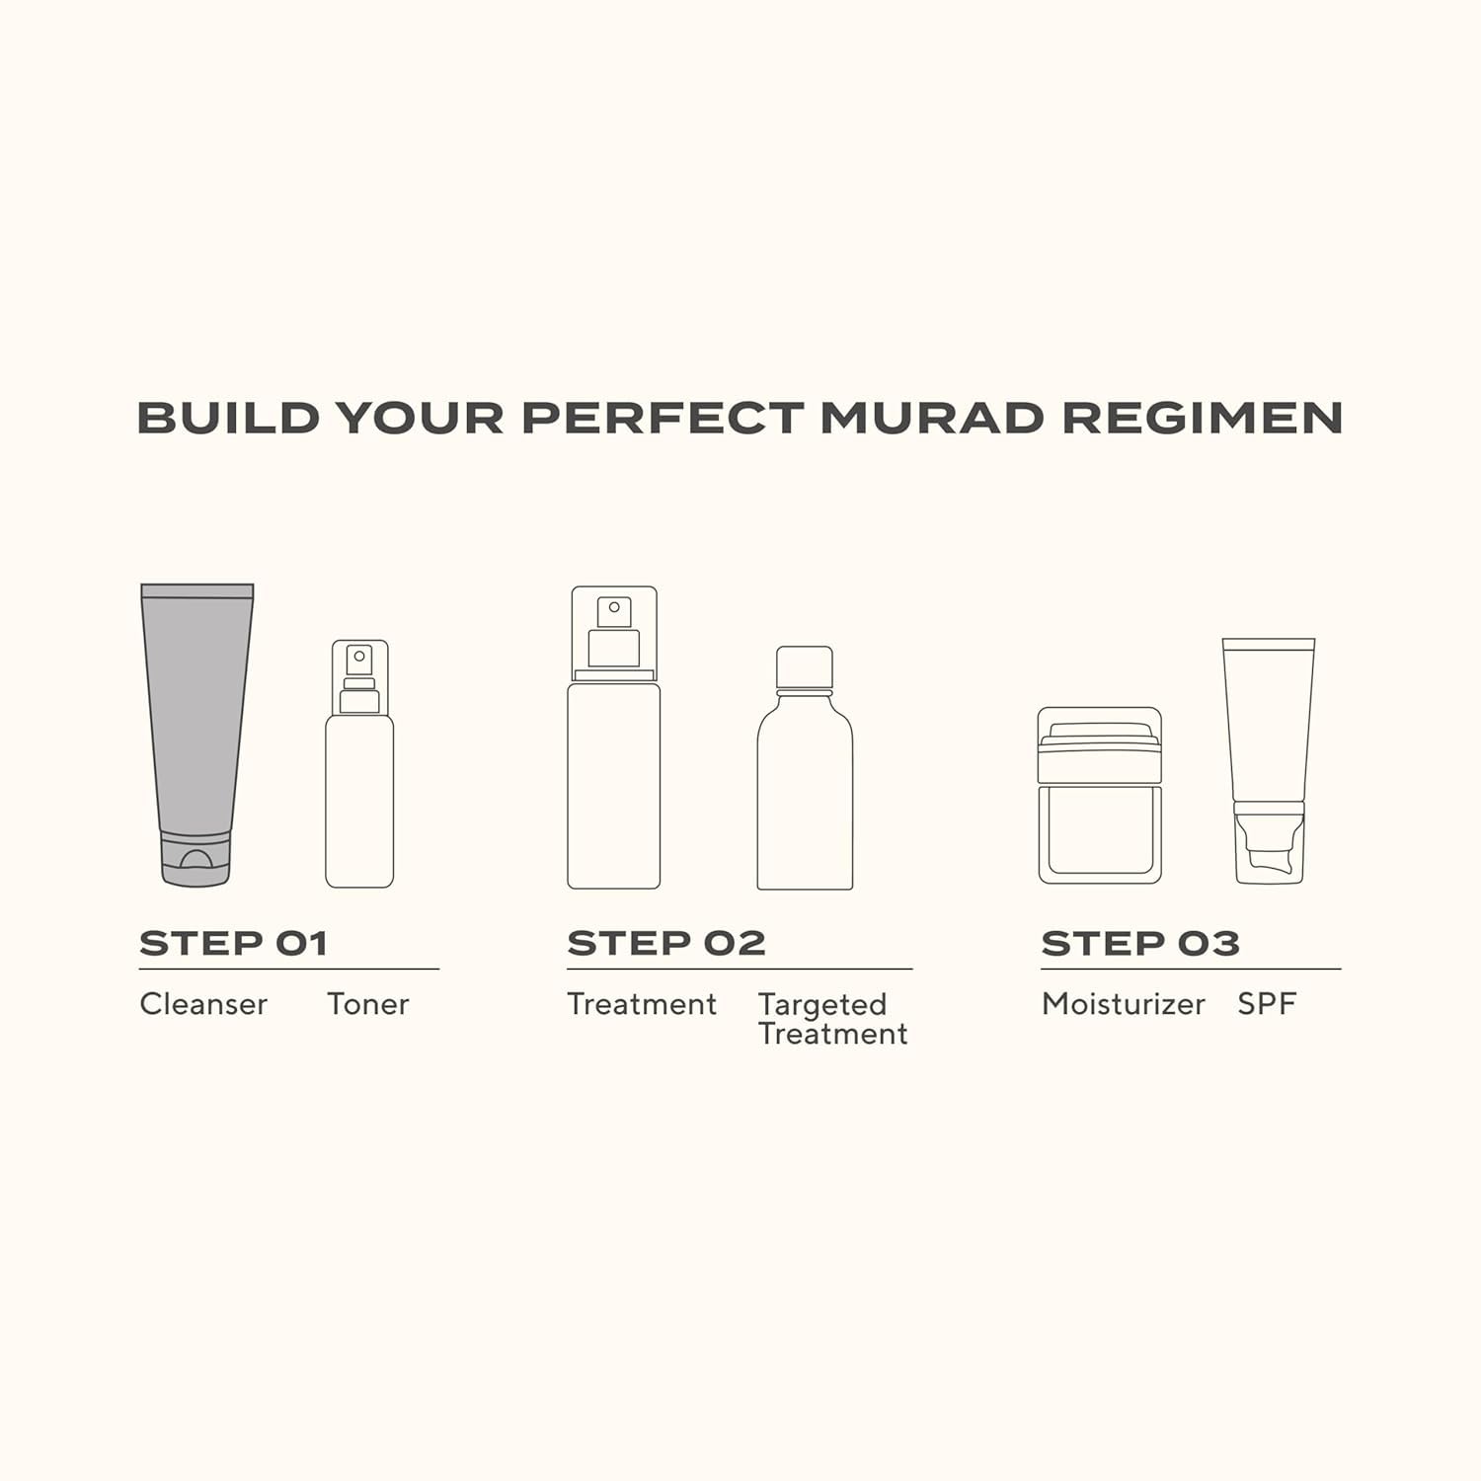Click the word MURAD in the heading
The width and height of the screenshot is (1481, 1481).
tap(931, 418)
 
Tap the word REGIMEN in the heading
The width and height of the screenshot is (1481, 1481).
tap(1202, 418)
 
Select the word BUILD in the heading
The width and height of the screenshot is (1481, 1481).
tap(228, 418)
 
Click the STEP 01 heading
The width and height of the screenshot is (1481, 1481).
tap(233, 944)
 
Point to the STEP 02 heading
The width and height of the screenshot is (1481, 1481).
tap(666, 944)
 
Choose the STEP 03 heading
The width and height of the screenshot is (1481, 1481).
tap(1140, 944)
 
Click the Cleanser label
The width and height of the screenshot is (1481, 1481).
tap(203, 1004)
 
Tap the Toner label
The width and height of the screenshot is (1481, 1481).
tap(367, 1004)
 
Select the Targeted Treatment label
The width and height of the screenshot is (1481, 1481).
tap(832, 1019)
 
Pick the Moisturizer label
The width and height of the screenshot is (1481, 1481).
tap(1123, 1004)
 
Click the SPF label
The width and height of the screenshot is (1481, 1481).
tap(1266, 1004)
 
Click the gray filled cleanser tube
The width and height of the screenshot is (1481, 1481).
tap(197, 711)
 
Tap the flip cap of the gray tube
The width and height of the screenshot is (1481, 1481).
tap(196, 859)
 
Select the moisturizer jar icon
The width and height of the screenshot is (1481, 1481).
tap(1100, 796)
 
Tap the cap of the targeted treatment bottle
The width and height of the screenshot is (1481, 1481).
tap(805, 667)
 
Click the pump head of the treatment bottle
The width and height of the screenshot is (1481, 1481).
tap(614, 632)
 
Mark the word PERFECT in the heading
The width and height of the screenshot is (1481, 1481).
tap(662, 418)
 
